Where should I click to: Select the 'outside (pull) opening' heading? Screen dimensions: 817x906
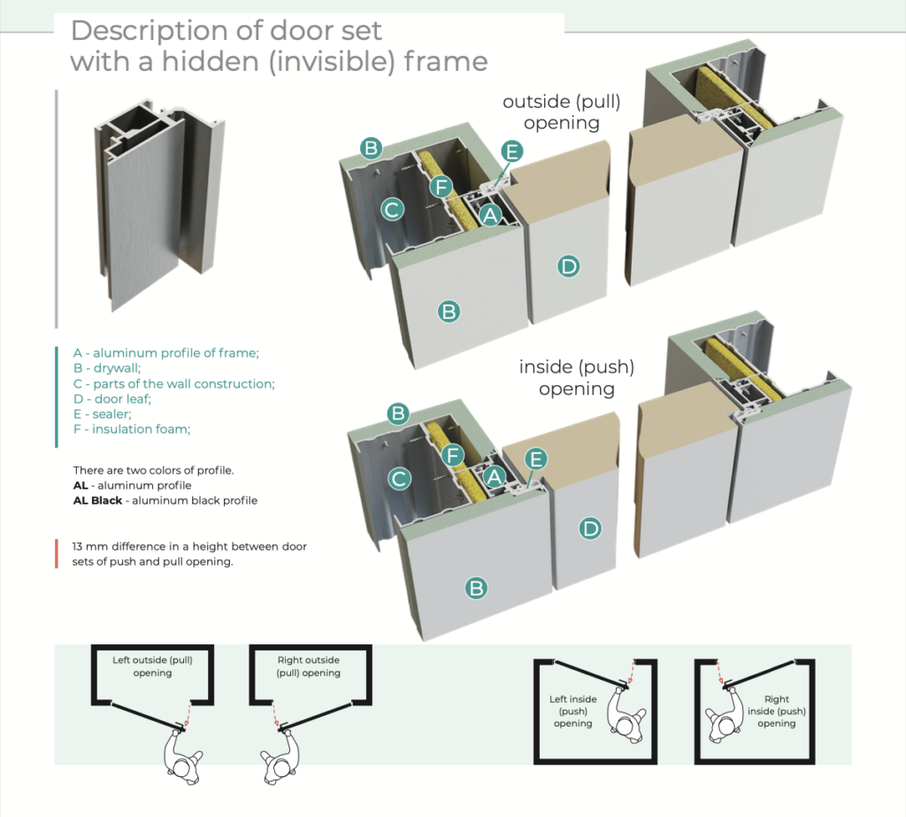(562, 112)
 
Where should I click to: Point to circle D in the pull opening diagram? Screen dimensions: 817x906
(568, 265)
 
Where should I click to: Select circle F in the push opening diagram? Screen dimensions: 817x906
(452, 456)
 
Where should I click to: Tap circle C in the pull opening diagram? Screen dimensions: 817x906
(392, 210)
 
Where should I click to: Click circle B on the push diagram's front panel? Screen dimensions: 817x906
(476, 587)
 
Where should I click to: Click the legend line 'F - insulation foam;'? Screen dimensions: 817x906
(132, 429)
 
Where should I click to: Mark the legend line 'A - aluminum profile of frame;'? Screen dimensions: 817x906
(165, 353)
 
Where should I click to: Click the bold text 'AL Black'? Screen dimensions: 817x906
(98, 500)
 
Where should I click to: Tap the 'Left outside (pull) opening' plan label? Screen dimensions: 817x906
(152, 667)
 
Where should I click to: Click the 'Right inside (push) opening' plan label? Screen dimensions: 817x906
(776, 711)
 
